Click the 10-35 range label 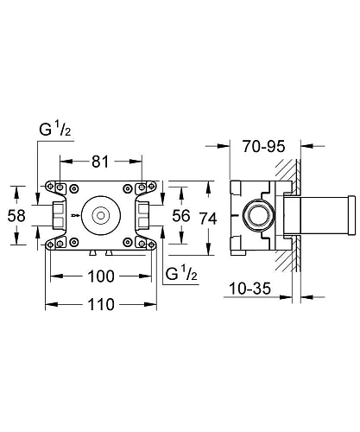coord(253,291)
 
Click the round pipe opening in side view coord(256,213)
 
